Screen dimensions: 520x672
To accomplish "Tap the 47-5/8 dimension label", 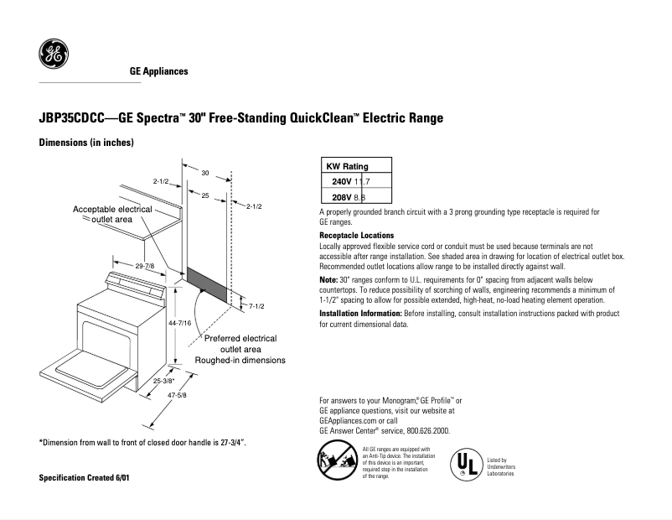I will tap(178, 394).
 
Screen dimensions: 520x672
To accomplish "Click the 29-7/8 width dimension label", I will tap(144, 266).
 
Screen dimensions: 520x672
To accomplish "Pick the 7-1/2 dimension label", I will tap(257, 306).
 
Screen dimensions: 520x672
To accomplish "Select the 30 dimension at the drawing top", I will tap(204, 173).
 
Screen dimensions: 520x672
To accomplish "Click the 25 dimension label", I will tap(204, 195).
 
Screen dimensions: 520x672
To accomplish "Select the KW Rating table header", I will tap(347, 166).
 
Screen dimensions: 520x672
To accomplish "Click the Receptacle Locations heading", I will tap(357, 236).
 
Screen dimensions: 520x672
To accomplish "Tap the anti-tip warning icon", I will tap(334, 462).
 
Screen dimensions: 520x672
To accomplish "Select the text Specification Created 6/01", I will tap(85, 477).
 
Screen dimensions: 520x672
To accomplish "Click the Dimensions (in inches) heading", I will tap(86, 143).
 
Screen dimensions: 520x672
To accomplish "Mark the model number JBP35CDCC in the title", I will tap(75, 118).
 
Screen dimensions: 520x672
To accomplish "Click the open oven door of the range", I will tap(88, 369).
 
